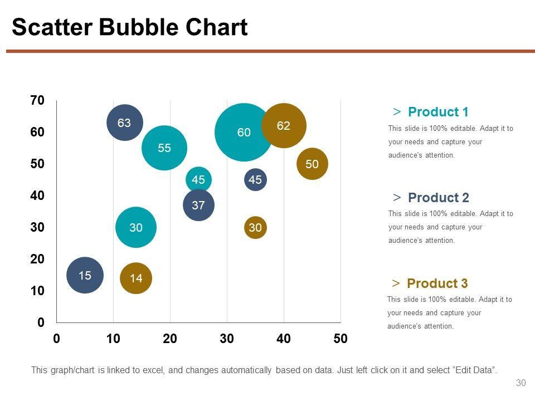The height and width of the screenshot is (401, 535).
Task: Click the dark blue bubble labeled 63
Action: pyautogui.click(x=125, y=123)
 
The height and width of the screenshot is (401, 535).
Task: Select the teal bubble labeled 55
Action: pyautogui.click(x=164, y=148)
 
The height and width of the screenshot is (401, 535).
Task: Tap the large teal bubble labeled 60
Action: pyautogui.click(x=244, y=133)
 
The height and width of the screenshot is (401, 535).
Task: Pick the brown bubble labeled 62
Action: pyautogui.click(x=284, y=126)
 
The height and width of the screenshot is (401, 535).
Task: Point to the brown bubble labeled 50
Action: pyautogui.click(x=312, y=164)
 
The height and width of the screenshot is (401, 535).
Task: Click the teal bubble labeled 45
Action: pyautogui.click(x=198, y=179)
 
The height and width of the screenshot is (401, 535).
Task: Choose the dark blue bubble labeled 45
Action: pyautogui.click(x=255, y=179)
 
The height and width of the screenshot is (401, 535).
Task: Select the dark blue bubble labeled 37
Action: pyautogui.click(x=198, y=205)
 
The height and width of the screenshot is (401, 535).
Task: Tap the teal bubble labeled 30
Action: pyautogui.click(x=136, y=227)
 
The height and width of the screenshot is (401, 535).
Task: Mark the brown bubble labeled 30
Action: pyautogui.click(x=255, y=227)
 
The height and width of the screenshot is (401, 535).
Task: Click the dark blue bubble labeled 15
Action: pyautogui.click(x=85, y=275)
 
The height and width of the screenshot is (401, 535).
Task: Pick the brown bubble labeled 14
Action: pyautogui.click(x=136, y=278)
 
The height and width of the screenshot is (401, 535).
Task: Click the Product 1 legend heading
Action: pyautogui.click(x=438, y=112)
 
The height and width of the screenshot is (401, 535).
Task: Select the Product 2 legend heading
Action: pyautogui.click(x=438, y=198)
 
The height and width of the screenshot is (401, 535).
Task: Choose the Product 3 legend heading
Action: pyautogui.click(x=437, y=283)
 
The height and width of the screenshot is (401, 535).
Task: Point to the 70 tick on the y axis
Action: pyautogui.click(x=37, y=101)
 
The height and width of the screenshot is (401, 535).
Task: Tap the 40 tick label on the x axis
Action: pyautogui.click(x=283, y=339)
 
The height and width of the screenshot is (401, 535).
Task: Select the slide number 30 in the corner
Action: pyautogui.click(x=521, y=383)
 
